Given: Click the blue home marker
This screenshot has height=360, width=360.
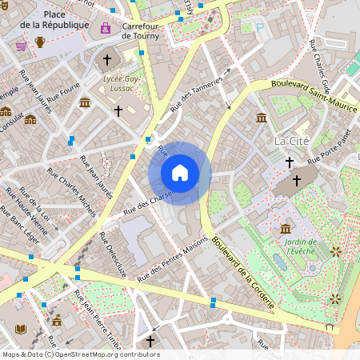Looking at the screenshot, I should click(x=180, y=173).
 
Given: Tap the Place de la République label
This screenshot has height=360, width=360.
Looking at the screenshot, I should click(x=66, y=20).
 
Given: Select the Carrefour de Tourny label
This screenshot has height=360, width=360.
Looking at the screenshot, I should click(x=142, y=31).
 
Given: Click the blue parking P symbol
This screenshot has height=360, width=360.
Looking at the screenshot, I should click(x=259, y=27).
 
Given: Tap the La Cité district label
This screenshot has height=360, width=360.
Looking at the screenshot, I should click(x=291, y=141).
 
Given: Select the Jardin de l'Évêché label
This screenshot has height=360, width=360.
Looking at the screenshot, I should click(x=300, y=246).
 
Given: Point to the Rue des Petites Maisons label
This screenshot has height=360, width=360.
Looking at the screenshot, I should click(x=172, y=258).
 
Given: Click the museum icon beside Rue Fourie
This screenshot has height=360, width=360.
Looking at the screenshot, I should click(x=85, y=102).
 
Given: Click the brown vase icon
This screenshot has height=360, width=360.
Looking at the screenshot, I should click(x=40, y=42).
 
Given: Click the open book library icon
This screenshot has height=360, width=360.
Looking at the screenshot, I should click(x=21, y=329).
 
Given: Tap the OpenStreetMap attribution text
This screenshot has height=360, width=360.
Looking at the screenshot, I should click(x=81, y=354).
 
